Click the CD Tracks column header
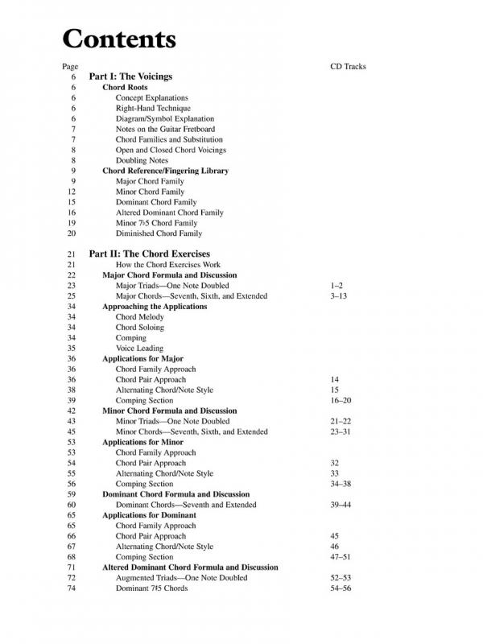click(x=348, y=66)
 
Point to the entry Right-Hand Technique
click(x=153, y=108)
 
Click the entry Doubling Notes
click(x=142, y=160)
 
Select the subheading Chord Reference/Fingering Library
click(x=166, y=171)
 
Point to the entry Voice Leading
click(x=140, y=349)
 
